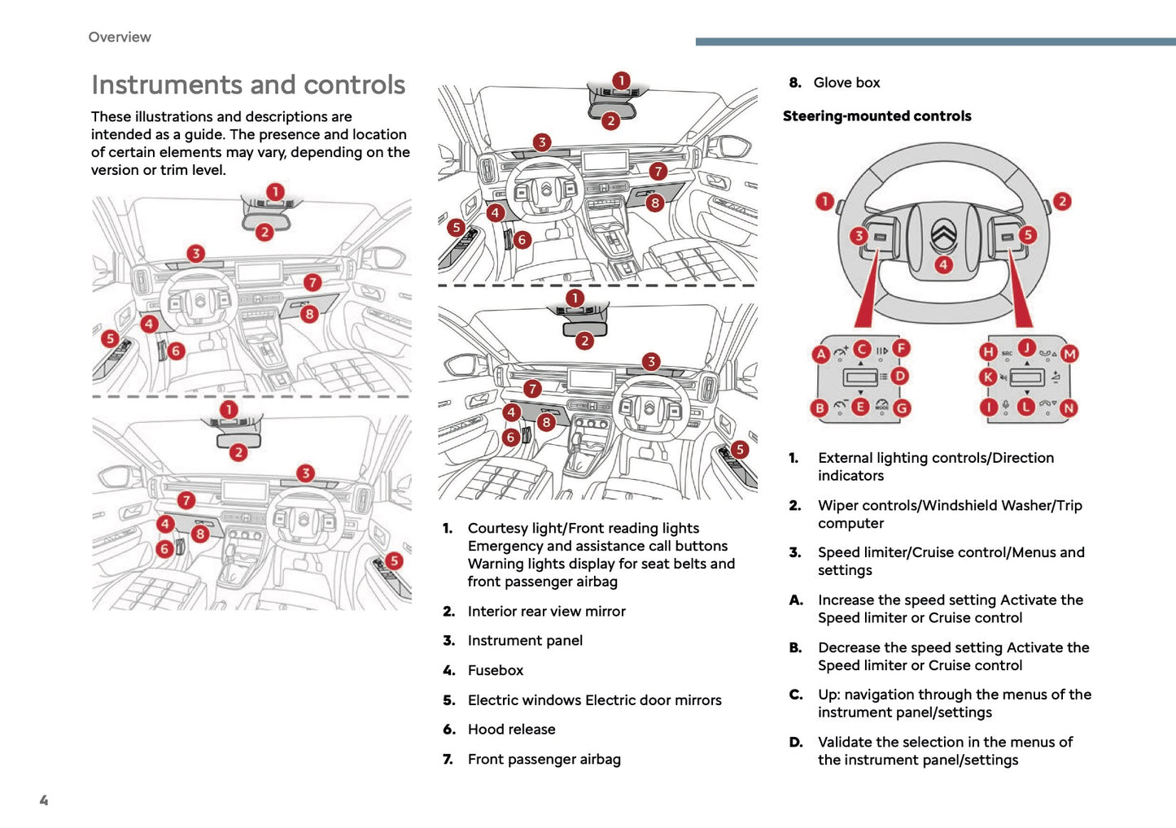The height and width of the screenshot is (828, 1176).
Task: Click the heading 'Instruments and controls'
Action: [248, 85]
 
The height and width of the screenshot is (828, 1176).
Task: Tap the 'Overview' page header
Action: [120, 37]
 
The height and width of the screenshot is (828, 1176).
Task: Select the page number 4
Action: [44, 800]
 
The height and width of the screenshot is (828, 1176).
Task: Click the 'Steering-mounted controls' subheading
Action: [877, 116]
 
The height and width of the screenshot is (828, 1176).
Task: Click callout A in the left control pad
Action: [821, 354]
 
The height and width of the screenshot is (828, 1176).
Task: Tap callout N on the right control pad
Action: [1069, 408]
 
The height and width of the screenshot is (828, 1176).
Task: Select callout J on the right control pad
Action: [1027, 348]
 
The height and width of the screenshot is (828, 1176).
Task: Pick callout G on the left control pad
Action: [902, 408]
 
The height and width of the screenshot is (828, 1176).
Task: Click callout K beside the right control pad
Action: [988, 377]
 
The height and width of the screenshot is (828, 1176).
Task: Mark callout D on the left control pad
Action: [899, 376]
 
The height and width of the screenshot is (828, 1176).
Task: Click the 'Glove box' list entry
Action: [846, 83]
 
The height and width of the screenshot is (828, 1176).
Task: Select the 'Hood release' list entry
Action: [511, 730]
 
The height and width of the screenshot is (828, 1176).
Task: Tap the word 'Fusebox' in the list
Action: [495, 670]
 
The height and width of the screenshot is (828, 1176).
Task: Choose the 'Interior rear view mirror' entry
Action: [546, 611]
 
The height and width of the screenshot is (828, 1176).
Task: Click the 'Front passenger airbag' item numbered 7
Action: [544, 760]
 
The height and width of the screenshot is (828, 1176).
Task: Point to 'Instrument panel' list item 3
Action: [525, 641]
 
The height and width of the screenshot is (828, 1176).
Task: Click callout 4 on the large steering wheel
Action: [943, 264]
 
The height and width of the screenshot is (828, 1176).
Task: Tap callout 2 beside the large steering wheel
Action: [1061, 201]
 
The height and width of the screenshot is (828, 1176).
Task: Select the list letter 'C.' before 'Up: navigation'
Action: [796, 695]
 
